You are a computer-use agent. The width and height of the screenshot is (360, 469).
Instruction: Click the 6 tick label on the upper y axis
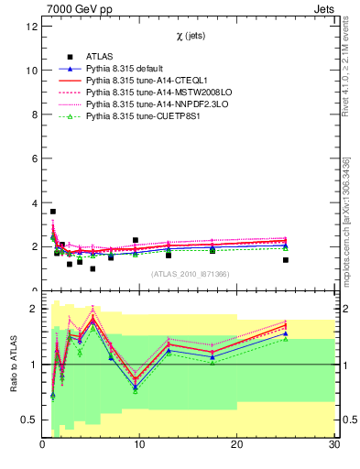click(34, 159)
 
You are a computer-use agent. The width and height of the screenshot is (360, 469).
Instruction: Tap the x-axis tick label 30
click(333, 445)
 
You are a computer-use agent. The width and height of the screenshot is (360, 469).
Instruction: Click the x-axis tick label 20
click(236, 445)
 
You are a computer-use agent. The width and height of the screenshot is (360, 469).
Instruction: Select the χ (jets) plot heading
click(189, 37)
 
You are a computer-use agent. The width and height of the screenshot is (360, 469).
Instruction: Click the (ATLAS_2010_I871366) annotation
click(189, 274)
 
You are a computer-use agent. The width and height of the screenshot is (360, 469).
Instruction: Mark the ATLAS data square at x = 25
click(286, 260)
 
